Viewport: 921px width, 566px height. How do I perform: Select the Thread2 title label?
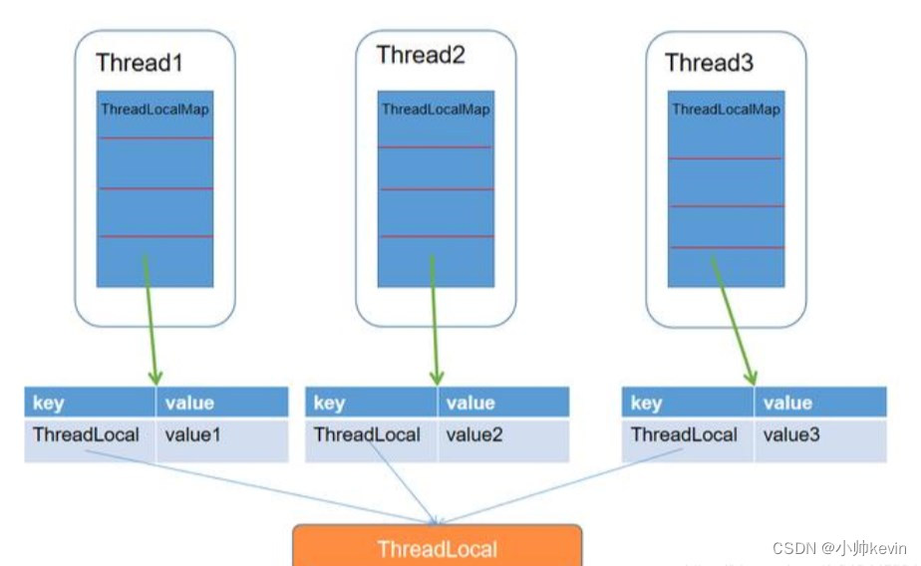coord(421,55)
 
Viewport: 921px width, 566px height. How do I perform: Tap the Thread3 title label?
coord(711,64)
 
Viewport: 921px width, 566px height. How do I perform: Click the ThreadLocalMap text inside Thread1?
coord(154,110)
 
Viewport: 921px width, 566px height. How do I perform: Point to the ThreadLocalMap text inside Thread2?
coord(436,110)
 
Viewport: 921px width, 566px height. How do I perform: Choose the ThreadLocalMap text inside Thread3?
coord(726,110)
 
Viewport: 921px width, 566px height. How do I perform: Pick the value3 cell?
coord(791,435)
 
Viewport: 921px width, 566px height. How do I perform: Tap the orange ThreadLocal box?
coord(437,547)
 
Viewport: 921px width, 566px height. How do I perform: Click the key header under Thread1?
coord(50,403)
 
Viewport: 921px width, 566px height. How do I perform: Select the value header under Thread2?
coord(470,403)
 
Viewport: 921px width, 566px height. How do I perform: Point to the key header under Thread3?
coord(647,403)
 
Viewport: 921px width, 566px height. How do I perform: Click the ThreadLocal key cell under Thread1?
coord(86,435)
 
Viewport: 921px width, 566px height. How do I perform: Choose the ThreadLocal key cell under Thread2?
coord(367,435)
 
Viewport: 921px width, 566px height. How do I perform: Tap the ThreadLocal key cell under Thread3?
coord(685,435)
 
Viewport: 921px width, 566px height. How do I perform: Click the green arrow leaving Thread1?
coord(151,319)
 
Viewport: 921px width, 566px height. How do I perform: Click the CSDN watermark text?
coord(839,548)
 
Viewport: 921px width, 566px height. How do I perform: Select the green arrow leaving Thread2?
coord(435,319)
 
